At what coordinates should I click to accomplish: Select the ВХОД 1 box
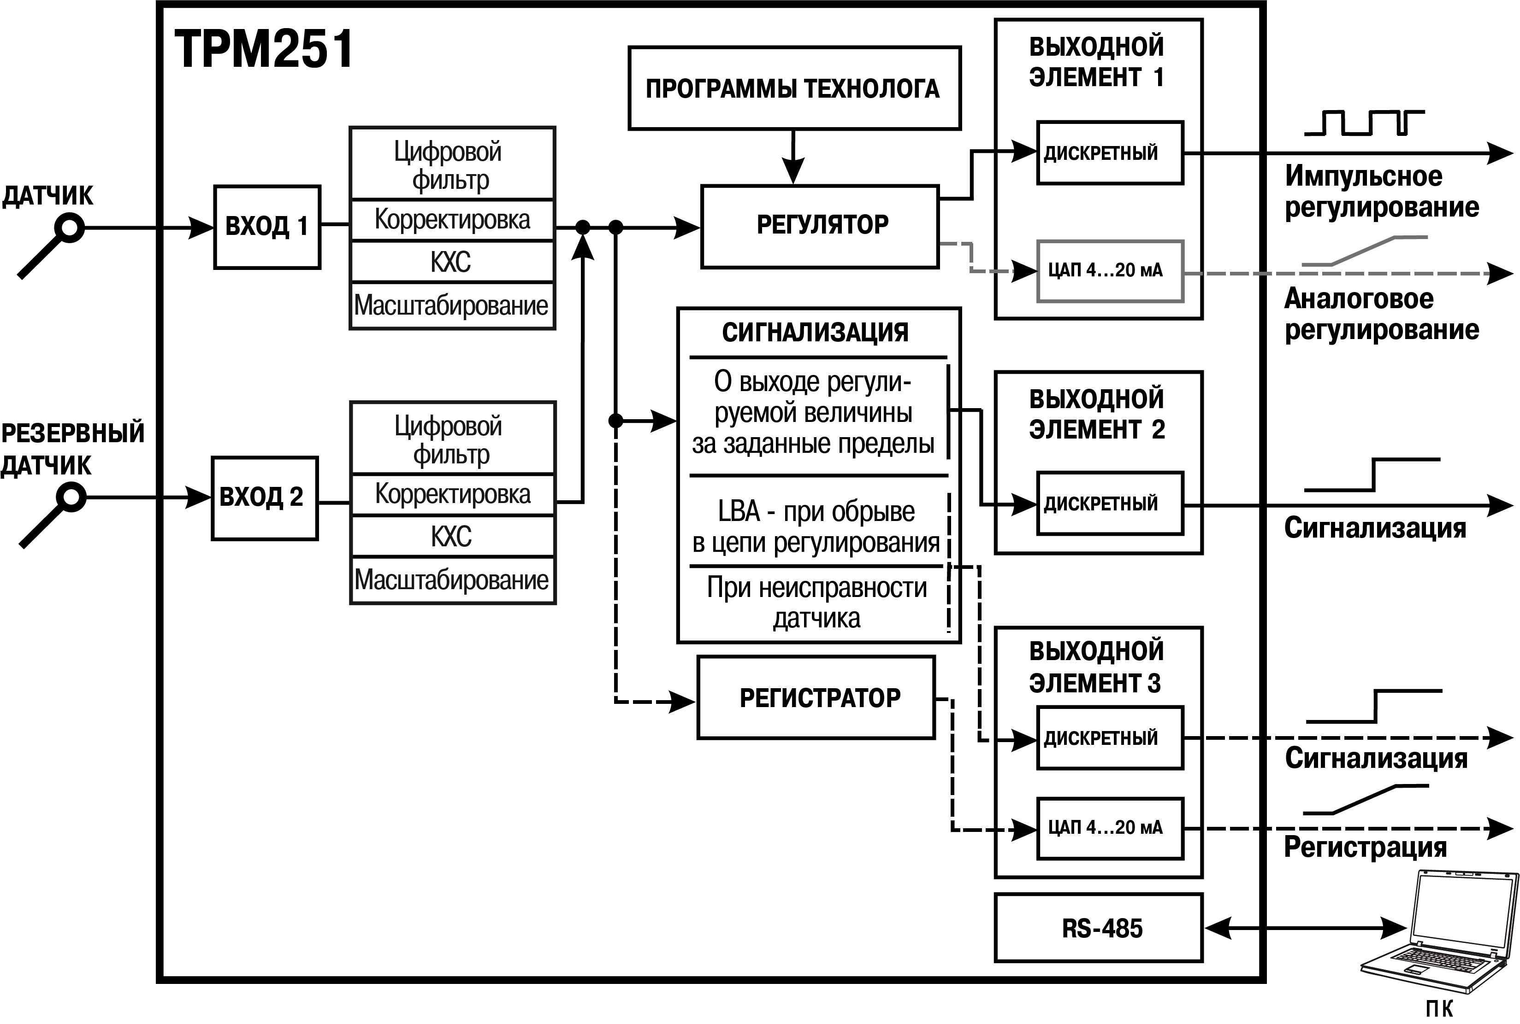tap(267, 227)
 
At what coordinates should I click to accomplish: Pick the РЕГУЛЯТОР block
tap(820, 226)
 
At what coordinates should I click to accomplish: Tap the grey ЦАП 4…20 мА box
tap(1110, 271)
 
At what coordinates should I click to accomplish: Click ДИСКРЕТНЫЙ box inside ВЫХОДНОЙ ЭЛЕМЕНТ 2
tap(1110, 503)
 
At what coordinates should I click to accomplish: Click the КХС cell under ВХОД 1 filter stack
tap(452, 261)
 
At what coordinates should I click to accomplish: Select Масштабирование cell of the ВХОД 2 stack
tap(452, 580)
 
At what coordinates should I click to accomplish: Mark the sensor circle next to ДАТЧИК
tap(69, 228)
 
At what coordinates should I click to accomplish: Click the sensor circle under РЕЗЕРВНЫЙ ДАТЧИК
tap(71, 497)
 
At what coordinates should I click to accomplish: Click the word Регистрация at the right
tap(1365, 847)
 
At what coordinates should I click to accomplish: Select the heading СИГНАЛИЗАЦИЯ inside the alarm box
tap(815, 333)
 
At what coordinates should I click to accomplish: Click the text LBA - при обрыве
tap(816, 511)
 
